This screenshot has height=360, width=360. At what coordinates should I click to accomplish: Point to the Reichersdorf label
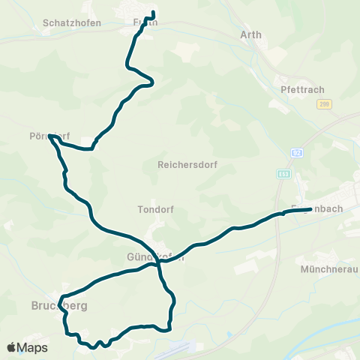tap(187, 163)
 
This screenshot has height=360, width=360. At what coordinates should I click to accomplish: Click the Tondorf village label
tap(156, 209)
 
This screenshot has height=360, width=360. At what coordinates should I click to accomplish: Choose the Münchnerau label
tap(328, 269)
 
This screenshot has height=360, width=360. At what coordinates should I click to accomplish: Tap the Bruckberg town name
tap(59, 305)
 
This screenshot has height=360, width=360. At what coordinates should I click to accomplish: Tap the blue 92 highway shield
tap(297, 152)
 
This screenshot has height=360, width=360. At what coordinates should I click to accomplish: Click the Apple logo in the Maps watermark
tap(12, 347)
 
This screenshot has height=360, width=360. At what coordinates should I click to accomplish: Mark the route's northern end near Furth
tap(152, 13)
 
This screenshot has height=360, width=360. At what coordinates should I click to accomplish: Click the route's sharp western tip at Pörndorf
tap(49, 136)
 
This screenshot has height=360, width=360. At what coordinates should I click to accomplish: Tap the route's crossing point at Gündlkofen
tap(159, 263)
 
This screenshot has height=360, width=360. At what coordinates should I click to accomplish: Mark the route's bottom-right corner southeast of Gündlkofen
tap(170, 328)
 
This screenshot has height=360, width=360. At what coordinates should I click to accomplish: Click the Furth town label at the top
tap(145, 22)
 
